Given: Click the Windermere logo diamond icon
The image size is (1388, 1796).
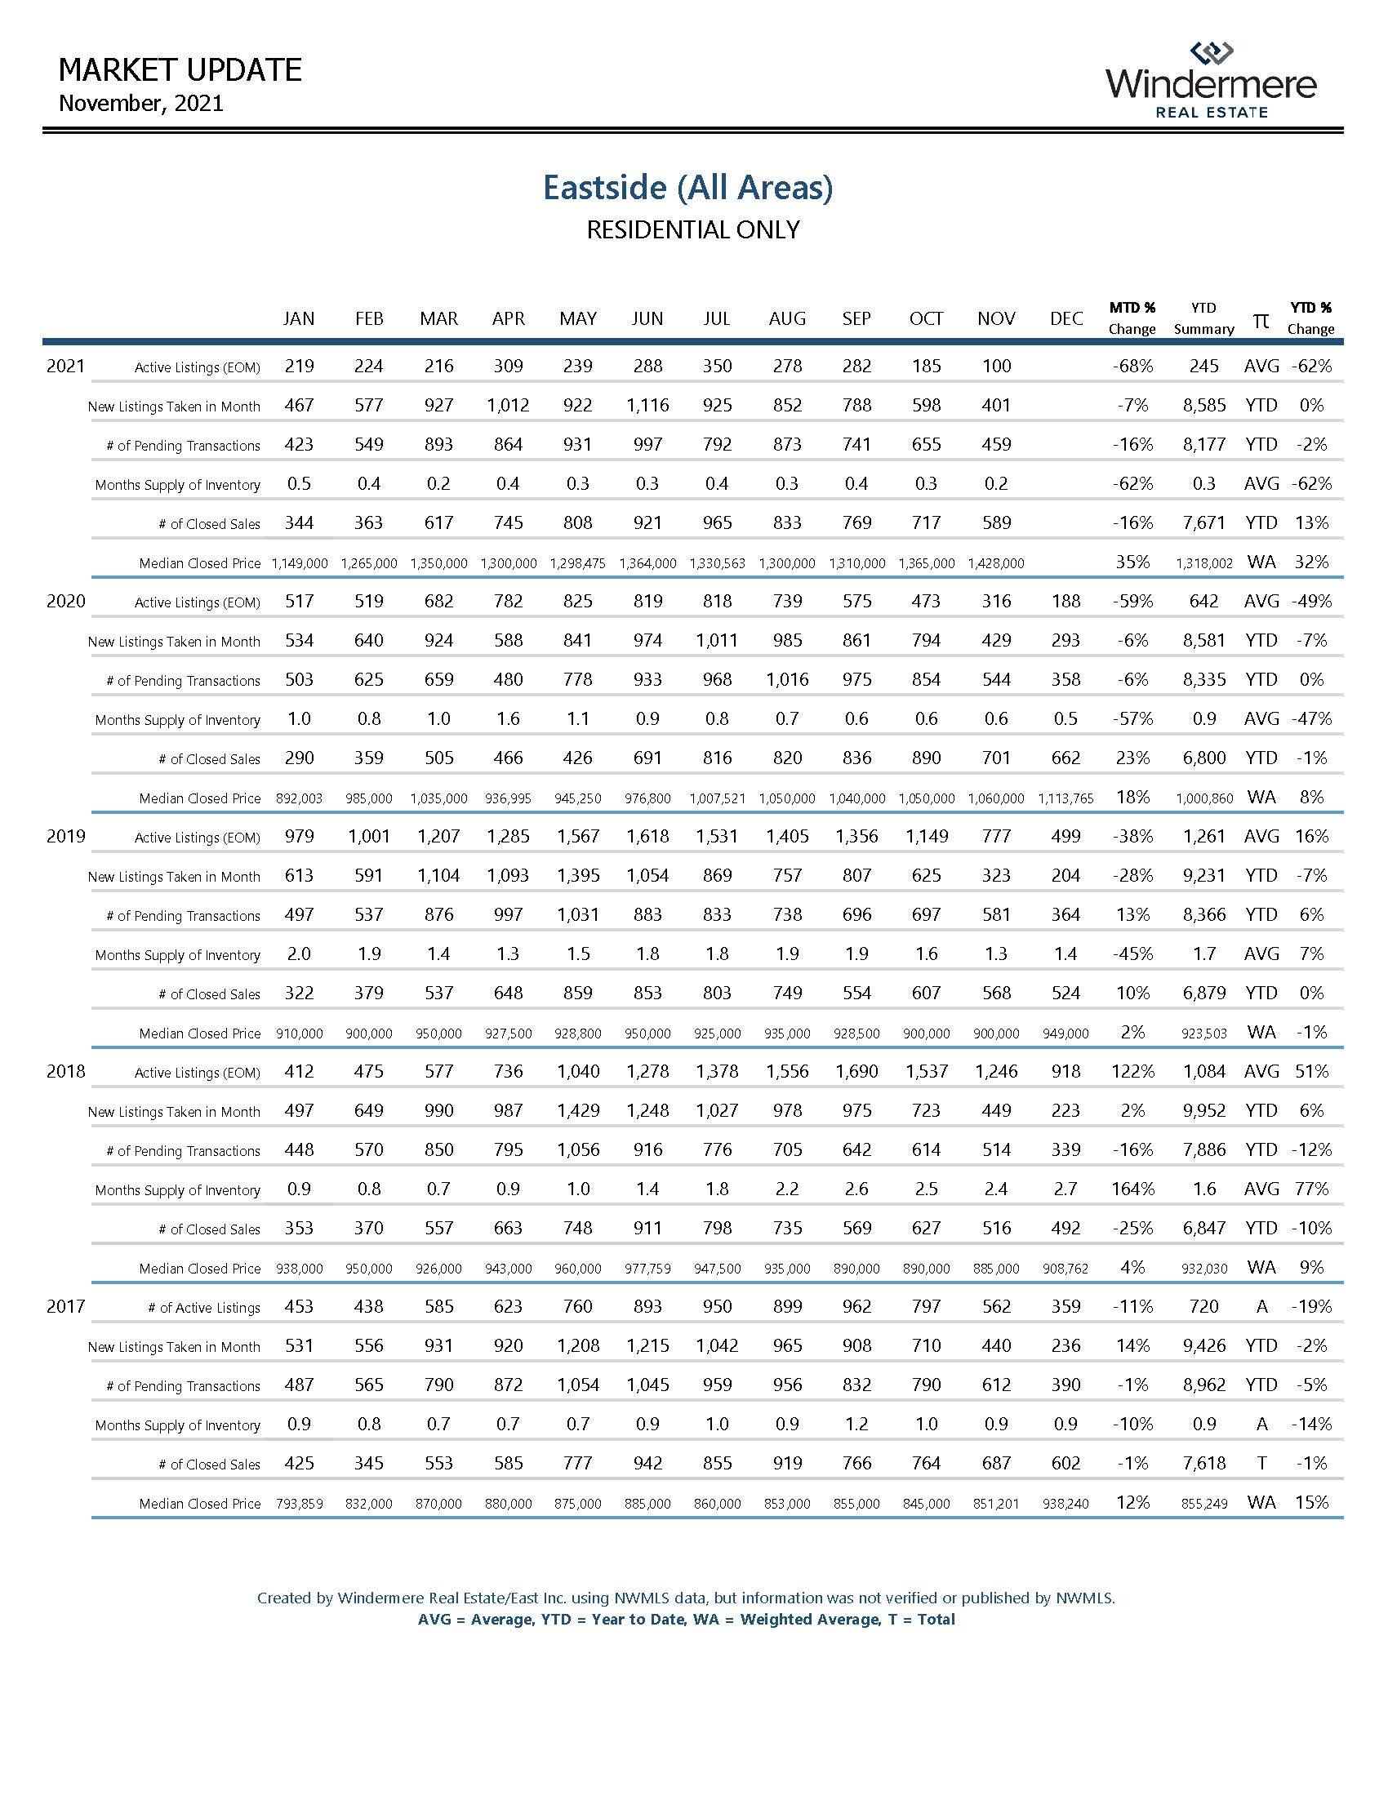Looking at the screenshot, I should click(x=1211, y=53).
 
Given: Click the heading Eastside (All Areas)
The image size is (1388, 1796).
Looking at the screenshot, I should click(x=687, y=188).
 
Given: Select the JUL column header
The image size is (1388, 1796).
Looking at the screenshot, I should click(x=716, y=318).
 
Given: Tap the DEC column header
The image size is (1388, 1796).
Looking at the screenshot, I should click(x=1065, y=318).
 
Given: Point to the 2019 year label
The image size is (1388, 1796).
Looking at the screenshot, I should click(x=66, y=836).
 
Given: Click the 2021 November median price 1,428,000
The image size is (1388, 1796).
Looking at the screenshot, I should click(x=996, y=563).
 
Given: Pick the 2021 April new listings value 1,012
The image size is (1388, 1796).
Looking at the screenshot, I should click(x=508, y=406).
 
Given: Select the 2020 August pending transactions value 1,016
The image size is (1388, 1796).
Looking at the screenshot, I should click(x=787, y=680).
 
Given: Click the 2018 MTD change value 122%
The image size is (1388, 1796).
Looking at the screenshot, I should click(x=1132, y=1072).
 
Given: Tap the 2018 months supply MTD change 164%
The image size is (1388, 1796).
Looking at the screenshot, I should click(x=1132, y=1189).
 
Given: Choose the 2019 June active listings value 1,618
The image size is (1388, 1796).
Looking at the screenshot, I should click(x=647, y=836).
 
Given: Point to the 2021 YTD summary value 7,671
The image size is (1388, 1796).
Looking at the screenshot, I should click(x=1203, y=523).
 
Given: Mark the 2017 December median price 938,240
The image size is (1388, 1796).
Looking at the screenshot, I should click(x=1065, y=1504).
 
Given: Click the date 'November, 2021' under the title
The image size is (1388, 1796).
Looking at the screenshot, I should click(x=141, y=104).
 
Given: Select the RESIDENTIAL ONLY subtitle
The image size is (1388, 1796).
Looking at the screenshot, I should click(x=692, y=230).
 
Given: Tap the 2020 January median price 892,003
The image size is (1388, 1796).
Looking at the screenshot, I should click(x=300, y=798).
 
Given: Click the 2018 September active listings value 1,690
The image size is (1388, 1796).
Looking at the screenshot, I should click(x=856, y=1072).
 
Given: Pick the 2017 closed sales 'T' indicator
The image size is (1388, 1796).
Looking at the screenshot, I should click(x=1261, y=1464).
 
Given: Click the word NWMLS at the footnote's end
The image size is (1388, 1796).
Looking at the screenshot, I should click(x=1084, y=1598).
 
